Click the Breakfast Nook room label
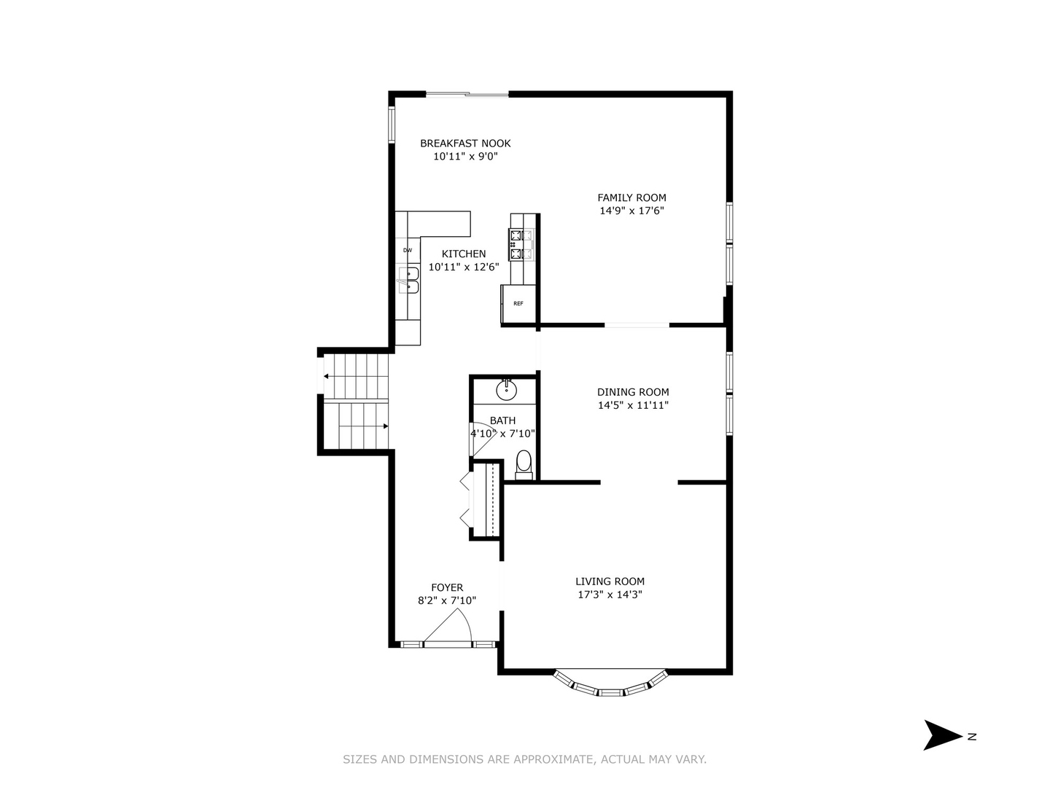(x=465, y=144)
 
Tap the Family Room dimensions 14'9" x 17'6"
(x=631, y=211)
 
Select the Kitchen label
(x=464, y=254)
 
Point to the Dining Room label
(x=632, y=392)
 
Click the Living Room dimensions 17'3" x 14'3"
(x=610, y=595)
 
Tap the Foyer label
(x=447, y=587)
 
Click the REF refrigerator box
(x=518, y=304)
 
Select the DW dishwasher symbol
(x=408, y=251)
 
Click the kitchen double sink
(x=408, y=280)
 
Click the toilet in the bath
(x=524, y=463)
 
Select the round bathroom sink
(x=506, y=391)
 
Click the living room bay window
(x=610, y=684)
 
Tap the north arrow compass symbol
(x=942, y=735)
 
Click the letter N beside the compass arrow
(x=972, y=737)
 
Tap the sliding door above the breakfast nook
(x=467, y=94)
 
